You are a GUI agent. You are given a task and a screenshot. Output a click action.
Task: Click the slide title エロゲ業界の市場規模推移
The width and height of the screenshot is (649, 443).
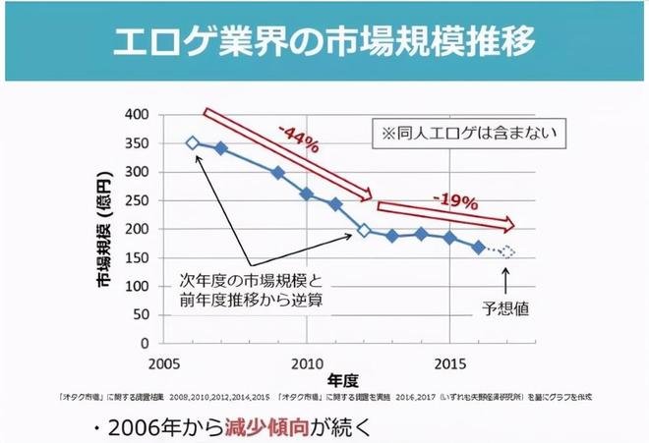[x=324, y=42]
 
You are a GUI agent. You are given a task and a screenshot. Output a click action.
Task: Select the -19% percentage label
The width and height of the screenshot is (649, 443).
[x=455, y=201]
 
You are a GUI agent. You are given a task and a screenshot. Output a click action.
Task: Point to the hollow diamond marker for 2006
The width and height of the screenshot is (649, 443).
[x=193, y=143]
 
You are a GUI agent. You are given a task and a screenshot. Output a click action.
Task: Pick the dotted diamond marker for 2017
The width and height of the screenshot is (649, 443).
[x=506, y=251]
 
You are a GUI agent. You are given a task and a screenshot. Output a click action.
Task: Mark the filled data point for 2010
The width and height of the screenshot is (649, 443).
[x=307, y=194]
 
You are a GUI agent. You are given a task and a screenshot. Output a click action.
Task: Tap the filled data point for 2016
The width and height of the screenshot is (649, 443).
[x=478, y=248]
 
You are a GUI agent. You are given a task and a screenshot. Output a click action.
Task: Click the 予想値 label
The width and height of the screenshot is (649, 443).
[x=506, y=307]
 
